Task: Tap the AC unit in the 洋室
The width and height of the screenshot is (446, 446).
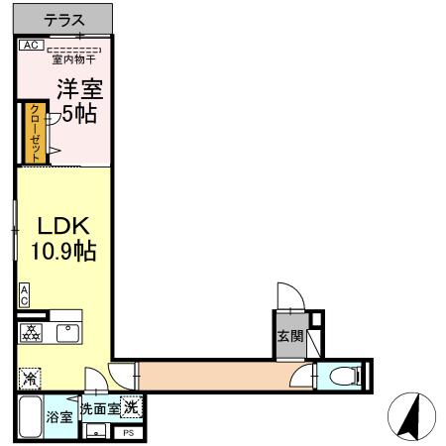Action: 30,45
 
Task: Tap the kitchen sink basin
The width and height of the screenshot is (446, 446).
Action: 67,333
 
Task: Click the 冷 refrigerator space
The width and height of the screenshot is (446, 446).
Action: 30,378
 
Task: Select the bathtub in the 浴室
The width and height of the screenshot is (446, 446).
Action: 28,419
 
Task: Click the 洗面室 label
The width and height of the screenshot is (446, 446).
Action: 100,407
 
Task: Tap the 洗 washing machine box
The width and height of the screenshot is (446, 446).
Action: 132,406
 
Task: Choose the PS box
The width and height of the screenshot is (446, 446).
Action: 128,433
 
